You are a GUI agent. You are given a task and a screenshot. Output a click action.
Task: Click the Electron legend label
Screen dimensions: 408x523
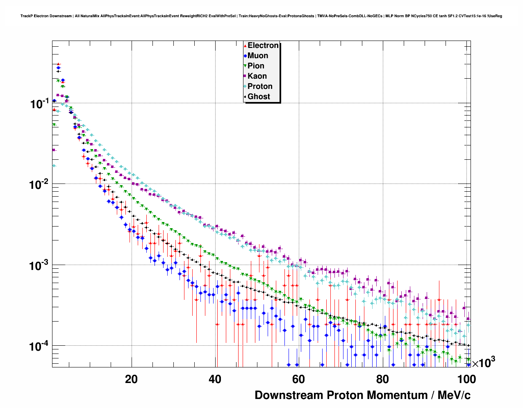(263, 45)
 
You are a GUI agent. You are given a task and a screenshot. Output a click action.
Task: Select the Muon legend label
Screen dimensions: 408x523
(258, 56)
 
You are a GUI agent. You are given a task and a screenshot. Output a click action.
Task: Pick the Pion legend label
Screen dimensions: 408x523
(256, 66)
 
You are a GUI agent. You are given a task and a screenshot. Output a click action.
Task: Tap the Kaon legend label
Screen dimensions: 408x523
(257, 76)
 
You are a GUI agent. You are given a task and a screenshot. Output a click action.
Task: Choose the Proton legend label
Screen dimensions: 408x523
(260, 86)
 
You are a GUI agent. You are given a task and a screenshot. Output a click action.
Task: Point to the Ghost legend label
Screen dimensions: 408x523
(259, 97)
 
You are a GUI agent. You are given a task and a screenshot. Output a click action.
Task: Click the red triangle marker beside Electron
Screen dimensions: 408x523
(245, 45)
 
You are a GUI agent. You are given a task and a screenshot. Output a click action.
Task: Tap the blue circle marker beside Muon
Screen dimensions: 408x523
(245, 56)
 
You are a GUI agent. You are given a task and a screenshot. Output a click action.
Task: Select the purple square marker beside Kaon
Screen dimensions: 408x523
(245, 76)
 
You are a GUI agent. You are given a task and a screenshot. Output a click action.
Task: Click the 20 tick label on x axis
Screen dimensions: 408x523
(132, 379)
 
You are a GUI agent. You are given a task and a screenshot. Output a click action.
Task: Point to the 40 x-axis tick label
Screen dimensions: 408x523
(215, 379)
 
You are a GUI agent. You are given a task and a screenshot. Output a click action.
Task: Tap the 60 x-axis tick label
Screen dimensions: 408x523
(299, 379)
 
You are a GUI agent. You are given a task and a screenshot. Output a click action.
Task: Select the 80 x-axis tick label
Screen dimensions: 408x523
(382, 379)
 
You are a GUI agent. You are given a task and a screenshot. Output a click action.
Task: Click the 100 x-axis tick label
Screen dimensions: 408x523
(466, 379)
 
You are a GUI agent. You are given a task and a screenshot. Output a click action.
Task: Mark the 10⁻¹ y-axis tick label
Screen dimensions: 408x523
(40, 104)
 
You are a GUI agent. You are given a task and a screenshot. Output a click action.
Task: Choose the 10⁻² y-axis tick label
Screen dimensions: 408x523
(40, 184)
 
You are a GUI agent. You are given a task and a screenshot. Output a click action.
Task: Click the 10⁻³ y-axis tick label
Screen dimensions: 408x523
(40, 265)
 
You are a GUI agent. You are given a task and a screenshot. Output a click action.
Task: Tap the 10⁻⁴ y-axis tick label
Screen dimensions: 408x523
(40, 346)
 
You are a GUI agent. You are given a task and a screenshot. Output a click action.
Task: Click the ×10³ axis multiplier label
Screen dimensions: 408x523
(484, 363)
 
